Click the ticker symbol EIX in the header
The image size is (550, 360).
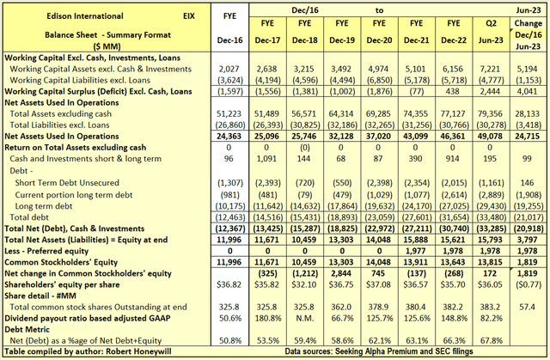[194, 15]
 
